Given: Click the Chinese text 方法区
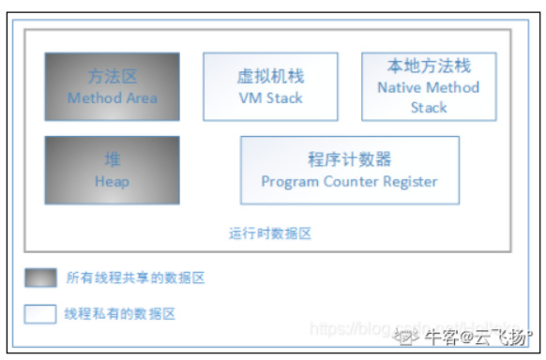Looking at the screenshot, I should (x=112, y=77).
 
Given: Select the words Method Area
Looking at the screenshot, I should (x=112, y=97).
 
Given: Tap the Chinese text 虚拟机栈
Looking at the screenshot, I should (x=270, y=77).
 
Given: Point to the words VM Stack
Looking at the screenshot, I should (x=270, y=97).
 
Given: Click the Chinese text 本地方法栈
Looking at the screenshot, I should (x=429, y=67).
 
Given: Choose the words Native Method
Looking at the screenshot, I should (x=429, y=87).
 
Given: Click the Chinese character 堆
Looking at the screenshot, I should (x=112, y=160).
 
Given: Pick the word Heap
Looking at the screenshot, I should (x=112, y=181).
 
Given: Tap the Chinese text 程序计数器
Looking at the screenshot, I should (x=349, y=159).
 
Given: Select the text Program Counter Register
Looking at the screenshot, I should (x=349, y=181).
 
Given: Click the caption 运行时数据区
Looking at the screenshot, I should (x=269, y=233).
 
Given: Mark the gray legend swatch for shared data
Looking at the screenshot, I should (x=40, y=277).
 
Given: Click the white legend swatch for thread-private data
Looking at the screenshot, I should (x=40, y=314).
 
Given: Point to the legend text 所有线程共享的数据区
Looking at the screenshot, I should (x=135, y=277).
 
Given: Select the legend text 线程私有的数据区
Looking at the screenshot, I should (x=121, y=314).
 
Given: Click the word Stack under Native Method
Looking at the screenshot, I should (x=429, y=108).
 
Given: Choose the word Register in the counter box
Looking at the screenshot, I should (x=411, y=181).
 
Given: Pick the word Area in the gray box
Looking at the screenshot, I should (x=143, y=97).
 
